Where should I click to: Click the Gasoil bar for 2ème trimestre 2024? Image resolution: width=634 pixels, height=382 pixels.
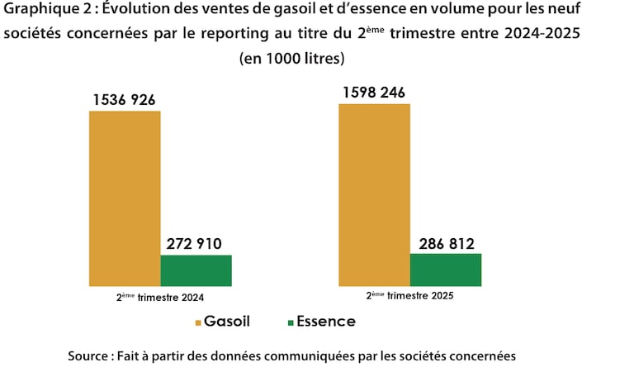125,198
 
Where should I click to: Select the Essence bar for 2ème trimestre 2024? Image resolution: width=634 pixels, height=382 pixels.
196,270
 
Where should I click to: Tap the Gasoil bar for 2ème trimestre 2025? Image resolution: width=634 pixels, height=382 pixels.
374,195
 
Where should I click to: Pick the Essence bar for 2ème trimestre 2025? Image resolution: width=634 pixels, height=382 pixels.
445,270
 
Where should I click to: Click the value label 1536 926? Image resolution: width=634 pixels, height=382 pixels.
125,100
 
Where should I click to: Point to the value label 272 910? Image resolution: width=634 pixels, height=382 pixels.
196,245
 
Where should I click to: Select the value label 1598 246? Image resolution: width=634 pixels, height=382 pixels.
374,93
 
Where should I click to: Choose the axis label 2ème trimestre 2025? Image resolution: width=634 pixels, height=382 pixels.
409,295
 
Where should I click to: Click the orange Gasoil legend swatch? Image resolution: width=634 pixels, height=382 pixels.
198,322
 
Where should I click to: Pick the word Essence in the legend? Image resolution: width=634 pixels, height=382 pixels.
327,322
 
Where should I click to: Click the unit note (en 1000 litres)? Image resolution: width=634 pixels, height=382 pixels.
291,60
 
